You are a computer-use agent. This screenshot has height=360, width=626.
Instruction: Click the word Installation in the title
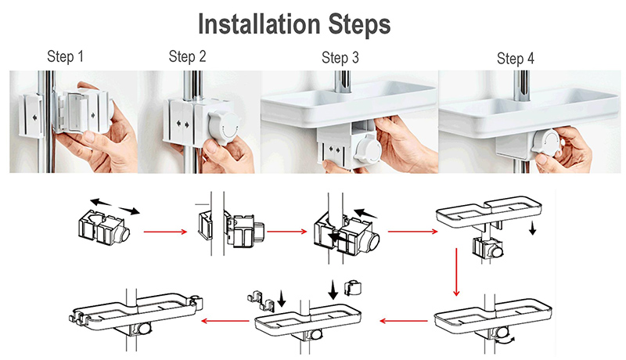(259, 24)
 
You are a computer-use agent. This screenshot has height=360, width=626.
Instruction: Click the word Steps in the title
(359, 26)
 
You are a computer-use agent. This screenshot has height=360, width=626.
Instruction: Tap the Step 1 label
(66, 56)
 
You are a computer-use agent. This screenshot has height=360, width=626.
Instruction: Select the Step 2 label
(187, 56)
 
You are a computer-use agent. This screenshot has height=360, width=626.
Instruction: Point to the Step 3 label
(340, 58)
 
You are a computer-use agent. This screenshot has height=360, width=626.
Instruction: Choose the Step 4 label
(516, 59)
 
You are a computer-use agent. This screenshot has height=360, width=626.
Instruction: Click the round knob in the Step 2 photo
(225, 127)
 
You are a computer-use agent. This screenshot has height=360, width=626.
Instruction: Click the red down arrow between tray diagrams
(456, 272)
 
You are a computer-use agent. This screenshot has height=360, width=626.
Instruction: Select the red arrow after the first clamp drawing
(165, 232)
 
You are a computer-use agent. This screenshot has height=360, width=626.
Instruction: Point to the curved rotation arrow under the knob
(505, 340)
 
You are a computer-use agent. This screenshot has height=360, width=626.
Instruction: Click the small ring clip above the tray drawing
(353, 287)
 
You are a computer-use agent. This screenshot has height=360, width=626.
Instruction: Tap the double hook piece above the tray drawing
(261, 301)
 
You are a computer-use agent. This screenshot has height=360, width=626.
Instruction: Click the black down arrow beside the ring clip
(333, 290)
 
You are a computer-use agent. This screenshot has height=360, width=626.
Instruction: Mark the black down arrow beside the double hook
(282, 298)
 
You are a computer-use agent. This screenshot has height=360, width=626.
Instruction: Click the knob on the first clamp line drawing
(123, 234)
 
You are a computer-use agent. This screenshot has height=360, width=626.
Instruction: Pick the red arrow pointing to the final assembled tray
(225, 321)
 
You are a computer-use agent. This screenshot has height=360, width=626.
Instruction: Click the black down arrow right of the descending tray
(533, 229)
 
